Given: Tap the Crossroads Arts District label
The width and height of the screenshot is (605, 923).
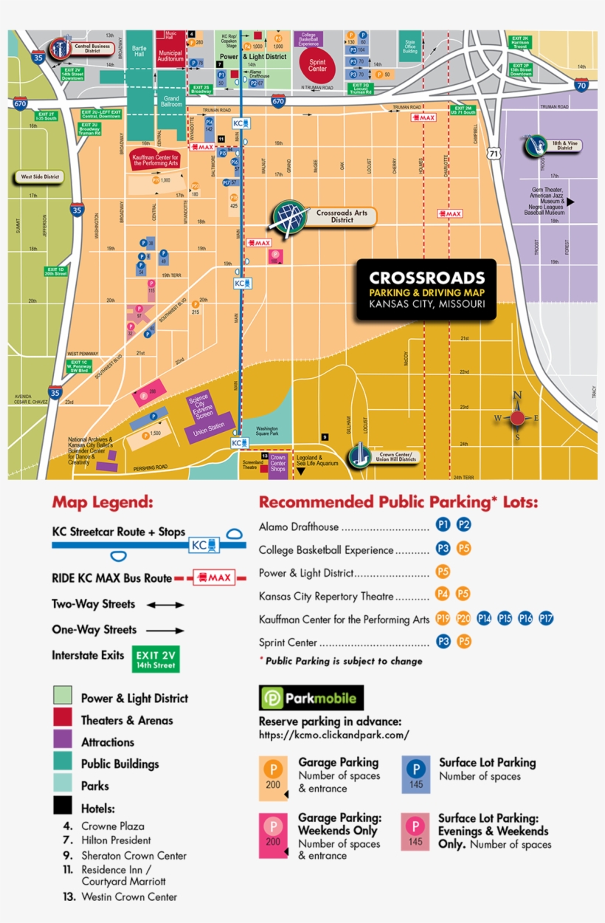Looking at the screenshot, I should click(342, 216).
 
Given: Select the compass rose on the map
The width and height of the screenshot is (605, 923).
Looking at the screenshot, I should click(517, 418).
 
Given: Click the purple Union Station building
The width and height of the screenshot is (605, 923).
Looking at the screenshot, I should click(209, 428).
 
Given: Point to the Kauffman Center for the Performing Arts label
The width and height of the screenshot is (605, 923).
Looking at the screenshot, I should click(156, 160).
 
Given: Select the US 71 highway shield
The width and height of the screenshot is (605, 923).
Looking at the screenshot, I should click(493, 154).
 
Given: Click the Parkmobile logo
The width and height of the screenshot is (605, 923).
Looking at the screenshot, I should click(311, 698).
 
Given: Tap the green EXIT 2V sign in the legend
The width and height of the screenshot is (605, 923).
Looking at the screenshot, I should click(156, 659).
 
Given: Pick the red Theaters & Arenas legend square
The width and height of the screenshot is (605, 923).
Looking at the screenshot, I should click(62, 718).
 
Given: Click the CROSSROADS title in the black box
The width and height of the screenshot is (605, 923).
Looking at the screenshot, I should click(426, 278).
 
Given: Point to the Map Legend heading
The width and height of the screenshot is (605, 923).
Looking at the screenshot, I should click(102, 502).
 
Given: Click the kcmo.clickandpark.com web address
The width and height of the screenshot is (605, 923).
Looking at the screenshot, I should click(333, 735).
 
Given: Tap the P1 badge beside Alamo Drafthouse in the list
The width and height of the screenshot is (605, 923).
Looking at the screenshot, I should click(443, 525).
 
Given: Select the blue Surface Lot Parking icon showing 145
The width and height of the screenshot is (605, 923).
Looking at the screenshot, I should click(416, 775).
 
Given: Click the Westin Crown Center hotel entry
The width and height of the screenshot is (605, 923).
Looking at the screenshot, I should click(129, 896).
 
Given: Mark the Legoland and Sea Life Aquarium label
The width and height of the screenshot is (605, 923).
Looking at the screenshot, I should click(317, 460).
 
